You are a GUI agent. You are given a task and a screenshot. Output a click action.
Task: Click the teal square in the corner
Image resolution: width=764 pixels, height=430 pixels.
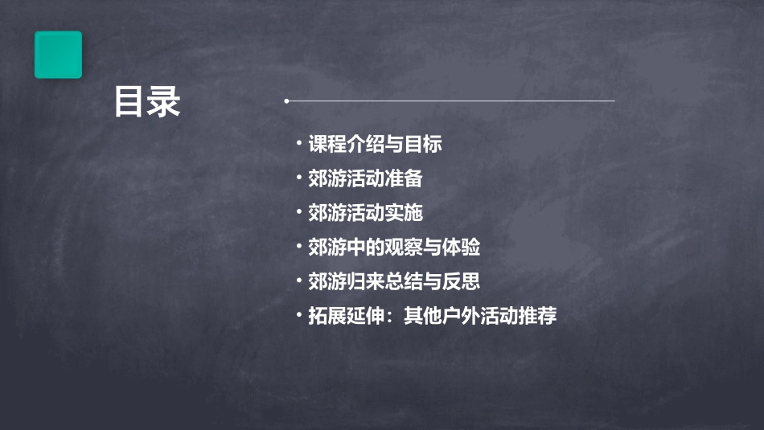pyautogui.click(x=58, y=55)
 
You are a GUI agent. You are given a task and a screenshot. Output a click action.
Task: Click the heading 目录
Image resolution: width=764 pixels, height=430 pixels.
pyautogui.click(x=146, y=102)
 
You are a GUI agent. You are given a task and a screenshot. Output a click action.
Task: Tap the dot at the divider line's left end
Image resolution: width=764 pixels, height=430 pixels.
pyautogui.click(x=286, y=101)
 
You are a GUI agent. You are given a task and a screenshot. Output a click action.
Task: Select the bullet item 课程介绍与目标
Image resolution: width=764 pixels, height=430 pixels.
pyautogui.click(x=375, y=145)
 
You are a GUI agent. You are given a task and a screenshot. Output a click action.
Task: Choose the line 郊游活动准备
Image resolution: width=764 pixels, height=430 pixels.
pyautogui.click(x=365, y=178)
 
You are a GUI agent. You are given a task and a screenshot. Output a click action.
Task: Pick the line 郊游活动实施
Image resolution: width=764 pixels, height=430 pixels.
pyautogui.click(x=365, y=213)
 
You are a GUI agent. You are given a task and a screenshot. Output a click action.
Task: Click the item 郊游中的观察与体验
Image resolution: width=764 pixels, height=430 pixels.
pyautogui.click(x=394, y=248)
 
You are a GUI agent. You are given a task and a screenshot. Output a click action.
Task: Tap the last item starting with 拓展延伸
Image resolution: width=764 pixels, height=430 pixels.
pyautogui.click(x=432, y=317)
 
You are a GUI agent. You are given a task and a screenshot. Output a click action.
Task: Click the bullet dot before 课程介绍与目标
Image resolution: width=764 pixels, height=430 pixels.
pyautogui.click(x=298, y=144)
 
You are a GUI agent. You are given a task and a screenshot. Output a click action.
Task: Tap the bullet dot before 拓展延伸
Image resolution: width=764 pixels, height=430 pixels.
pyautogui.click(x=298, y=316)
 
